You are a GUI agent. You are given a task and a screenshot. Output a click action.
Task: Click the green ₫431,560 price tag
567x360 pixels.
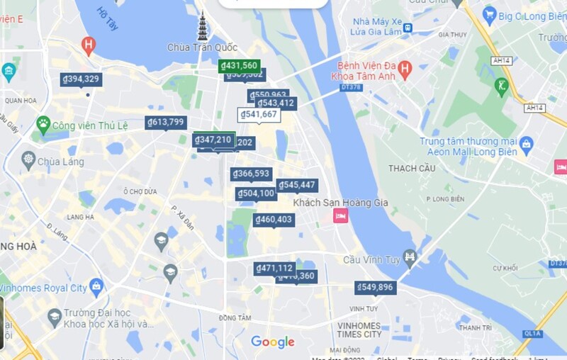click(x=239, y=66)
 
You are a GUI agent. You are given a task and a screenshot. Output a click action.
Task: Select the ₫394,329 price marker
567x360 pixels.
click(x=81, y=79)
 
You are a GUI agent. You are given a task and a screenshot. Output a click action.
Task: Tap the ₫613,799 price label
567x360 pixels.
click(x=167, y=123)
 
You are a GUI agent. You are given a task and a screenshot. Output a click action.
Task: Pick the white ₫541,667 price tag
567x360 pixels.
click(x=259, y=115)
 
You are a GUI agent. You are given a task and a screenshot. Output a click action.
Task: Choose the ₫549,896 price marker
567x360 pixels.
click(x=376, y=287)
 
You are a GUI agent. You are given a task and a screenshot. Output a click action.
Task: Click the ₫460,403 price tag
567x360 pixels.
click(x=274, y=220)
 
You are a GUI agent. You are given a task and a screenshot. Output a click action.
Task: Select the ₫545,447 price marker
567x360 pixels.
click(x=297, y=186)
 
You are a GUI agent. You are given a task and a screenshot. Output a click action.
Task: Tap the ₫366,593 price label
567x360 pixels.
click(x=251, y=174)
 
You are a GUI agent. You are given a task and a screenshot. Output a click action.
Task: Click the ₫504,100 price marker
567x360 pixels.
click(x=256, y=193)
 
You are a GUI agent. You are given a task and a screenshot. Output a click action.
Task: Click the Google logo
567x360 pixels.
click(x=273, y=342)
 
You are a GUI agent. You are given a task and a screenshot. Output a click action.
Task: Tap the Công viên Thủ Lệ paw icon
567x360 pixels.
click(x=43, y=125)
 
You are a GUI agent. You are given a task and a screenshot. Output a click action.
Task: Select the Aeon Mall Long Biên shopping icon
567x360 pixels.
click(x=526, y=146)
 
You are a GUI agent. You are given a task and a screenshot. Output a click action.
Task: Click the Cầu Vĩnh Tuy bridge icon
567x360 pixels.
click(x=410, y=257)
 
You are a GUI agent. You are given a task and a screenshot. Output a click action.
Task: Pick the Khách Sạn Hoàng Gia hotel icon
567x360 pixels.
click(x=340, y=215)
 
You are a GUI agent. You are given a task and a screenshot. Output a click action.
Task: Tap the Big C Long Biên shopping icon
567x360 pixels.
click(x=489, y=13)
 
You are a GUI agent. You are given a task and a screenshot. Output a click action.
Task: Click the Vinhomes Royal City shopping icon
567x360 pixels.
click(x=96, y=288)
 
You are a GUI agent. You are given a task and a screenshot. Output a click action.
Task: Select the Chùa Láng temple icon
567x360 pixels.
click(x=28, y=161)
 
